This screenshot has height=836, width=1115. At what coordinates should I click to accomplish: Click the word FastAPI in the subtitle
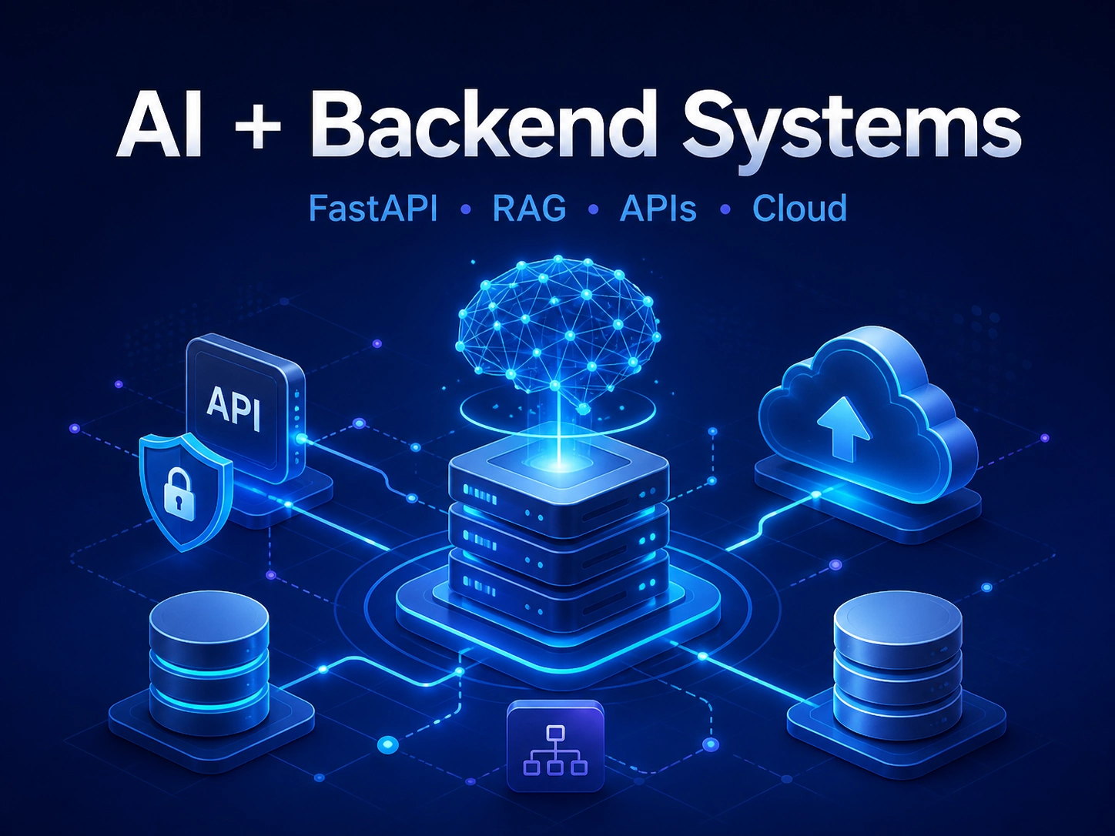[373, 208]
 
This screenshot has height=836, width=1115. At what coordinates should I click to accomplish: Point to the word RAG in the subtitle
[529, 208]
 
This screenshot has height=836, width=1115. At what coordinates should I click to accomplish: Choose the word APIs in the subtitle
[658, 208]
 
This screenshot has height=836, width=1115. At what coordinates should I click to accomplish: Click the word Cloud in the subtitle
[799, 208]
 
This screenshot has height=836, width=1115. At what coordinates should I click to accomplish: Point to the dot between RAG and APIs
[593, 209]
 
